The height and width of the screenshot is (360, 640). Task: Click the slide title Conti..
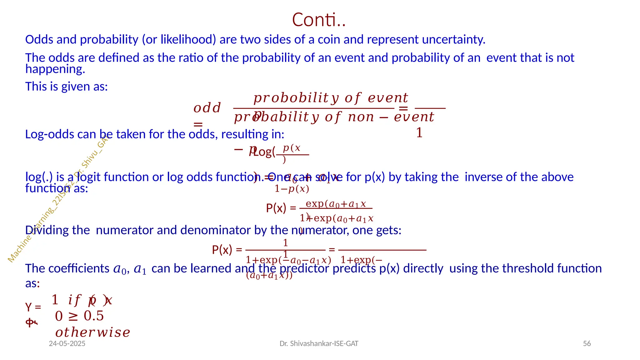click(318, 20)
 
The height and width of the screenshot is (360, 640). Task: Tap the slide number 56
click(587, 343)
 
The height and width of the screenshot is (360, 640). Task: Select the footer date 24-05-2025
click(67, 343)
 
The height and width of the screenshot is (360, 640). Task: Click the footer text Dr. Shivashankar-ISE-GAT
click(319, 343)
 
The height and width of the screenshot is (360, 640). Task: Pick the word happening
click(55, 69)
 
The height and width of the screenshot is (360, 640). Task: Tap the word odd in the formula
click(207, 108)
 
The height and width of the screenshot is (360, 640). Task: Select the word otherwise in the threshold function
click(93, 332)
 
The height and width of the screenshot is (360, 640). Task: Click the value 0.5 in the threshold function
click(93, 316)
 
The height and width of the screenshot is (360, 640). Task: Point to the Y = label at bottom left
click(33, 307)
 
